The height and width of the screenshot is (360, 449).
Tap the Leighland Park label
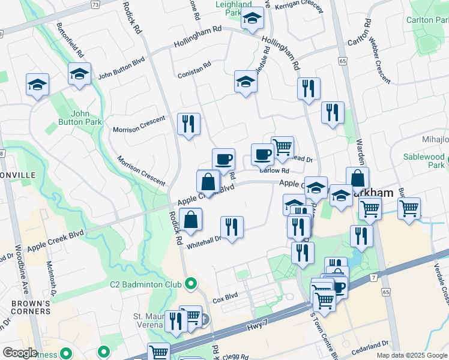234,8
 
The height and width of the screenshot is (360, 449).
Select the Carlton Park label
427,20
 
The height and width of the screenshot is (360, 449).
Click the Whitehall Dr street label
204,238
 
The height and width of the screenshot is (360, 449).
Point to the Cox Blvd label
226,296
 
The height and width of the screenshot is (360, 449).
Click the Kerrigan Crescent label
298,5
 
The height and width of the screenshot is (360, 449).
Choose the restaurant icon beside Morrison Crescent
189,124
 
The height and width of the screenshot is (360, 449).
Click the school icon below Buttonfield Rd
79,74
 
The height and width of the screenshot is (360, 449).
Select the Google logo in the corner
20,353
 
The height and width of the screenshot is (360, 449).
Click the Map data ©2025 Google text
411,355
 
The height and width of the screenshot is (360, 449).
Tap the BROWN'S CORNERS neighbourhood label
31,307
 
